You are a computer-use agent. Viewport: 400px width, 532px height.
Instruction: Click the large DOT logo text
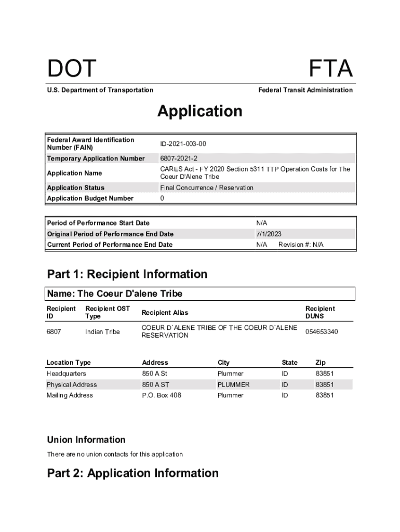point(72,69)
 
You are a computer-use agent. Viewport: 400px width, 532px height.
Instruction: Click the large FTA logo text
point(331,69)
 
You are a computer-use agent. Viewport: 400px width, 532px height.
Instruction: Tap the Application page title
point(200,111)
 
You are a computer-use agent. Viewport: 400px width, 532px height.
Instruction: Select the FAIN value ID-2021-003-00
point(186,143)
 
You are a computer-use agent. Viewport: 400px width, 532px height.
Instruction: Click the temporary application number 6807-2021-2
point(179,158)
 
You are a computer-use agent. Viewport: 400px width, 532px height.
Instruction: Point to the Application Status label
point(76,188)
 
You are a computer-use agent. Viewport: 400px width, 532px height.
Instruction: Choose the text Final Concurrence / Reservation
point(207,188)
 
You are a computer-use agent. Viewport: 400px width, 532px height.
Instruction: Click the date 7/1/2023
point(269,234)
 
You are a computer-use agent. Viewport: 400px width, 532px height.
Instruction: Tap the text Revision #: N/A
point(301,245)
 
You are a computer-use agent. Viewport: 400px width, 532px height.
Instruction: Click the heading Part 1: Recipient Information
point(127,274)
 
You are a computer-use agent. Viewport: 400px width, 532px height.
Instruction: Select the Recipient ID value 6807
point(54,331)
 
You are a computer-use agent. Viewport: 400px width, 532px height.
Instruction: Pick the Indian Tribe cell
point(102,331)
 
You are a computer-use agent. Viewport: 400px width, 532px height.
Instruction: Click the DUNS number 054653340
point(322,331)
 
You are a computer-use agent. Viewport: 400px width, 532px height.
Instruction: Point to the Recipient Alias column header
point(165,313)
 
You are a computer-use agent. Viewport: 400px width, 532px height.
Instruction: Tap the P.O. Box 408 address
point(162,395)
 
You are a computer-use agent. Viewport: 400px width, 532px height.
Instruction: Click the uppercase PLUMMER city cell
point(233,384)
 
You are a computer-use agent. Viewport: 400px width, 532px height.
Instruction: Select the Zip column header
point(321,363)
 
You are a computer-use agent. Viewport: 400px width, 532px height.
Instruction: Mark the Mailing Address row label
point(70,395)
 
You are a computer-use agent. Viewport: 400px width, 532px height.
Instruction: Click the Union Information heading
point(86,440)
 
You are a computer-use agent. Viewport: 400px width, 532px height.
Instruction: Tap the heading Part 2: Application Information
point(133,473)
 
